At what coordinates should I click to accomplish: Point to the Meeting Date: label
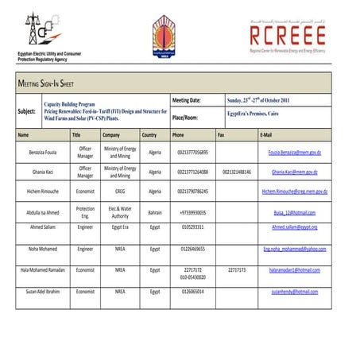coord(192,101)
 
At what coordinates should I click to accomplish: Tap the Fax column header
coord(221,135)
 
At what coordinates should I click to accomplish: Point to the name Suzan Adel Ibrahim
coord(45,292)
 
